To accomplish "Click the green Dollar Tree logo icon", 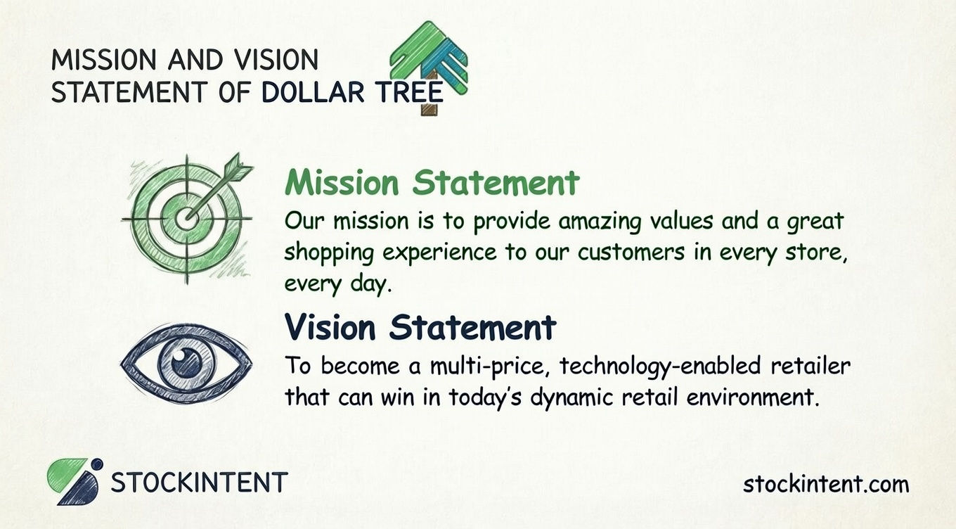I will point(429,60).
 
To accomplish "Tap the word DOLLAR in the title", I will point(313,92).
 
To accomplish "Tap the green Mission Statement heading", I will point(432,183).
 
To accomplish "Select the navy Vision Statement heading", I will point(420,327).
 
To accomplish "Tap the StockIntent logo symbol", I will point(75,481).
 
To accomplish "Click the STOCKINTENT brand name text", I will point(200,483).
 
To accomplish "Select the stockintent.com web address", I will point(825,484).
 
